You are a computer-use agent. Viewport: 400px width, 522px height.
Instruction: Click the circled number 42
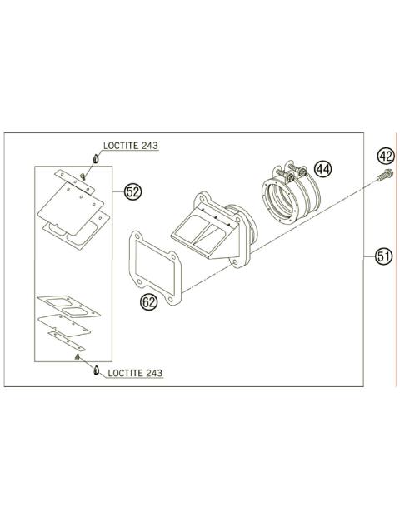[384, 156]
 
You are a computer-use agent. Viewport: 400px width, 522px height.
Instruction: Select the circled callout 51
[383, 256]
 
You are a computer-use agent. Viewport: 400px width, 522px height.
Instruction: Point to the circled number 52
[132, 192]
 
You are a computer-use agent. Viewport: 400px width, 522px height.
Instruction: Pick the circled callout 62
[149, 303]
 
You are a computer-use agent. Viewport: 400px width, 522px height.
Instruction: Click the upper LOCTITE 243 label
[132, 145]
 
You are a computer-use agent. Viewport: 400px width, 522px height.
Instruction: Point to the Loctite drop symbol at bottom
[93, 370]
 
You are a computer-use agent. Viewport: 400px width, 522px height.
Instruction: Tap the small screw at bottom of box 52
[77, 356]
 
